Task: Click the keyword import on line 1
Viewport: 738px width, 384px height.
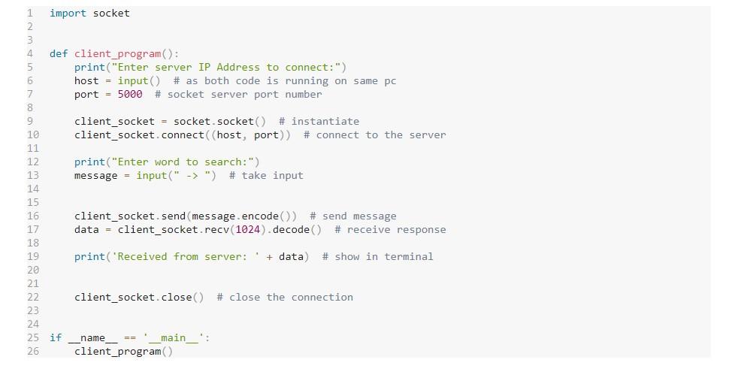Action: [68, 13]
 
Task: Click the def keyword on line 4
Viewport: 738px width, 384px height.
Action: [59, 53]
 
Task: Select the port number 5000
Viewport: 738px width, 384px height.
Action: [129, 94]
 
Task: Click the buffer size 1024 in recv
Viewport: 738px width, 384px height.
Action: [248, 229]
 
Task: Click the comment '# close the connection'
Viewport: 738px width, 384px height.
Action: [285, 297]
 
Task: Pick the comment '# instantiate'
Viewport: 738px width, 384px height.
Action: [319, 121]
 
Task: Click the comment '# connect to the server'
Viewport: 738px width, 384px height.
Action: [374, 135]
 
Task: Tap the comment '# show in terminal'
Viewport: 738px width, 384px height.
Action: [377, 256]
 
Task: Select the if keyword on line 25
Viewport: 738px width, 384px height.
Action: [56, 337]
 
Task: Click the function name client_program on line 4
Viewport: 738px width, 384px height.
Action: [117, 53]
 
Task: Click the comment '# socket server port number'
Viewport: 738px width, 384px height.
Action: [238, 94]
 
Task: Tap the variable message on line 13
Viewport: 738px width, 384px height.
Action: [95, 175]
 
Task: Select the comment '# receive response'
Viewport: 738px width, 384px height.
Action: [390, 229]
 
